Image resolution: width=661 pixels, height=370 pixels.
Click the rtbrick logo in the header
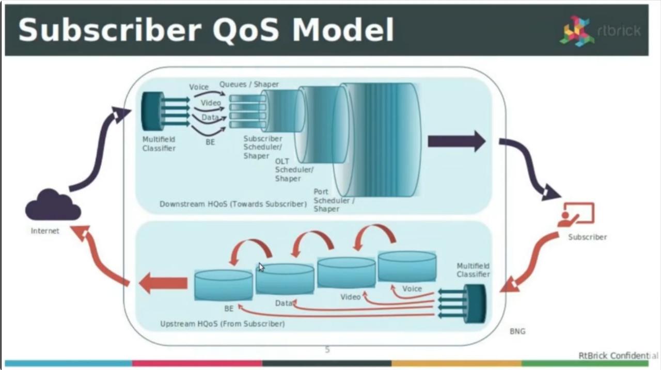point(600,30)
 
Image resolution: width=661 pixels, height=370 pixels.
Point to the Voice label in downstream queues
point(198,87)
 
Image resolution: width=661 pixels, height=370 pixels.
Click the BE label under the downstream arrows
point(210,142)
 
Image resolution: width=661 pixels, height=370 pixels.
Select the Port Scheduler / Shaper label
point(333,200)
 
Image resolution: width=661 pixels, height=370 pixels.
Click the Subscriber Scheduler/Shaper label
point(263,147)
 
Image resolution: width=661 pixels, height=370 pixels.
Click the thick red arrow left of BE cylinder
point(163,283)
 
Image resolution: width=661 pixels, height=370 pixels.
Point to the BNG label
point(517,331)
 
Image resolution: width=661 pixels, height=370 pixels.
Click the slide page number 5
point(327,350)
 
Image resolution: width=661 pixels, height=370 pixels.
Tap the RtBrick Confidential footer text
point(618,356)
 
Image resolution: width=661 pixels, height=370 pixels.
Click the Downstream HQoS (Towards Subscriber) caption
point(233,204)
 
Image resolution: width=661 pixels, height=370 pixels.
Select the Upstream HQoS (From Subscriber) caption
point(222,324)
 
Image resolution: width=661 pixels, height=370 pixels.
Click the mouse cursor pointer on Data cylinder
point(261,267)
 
